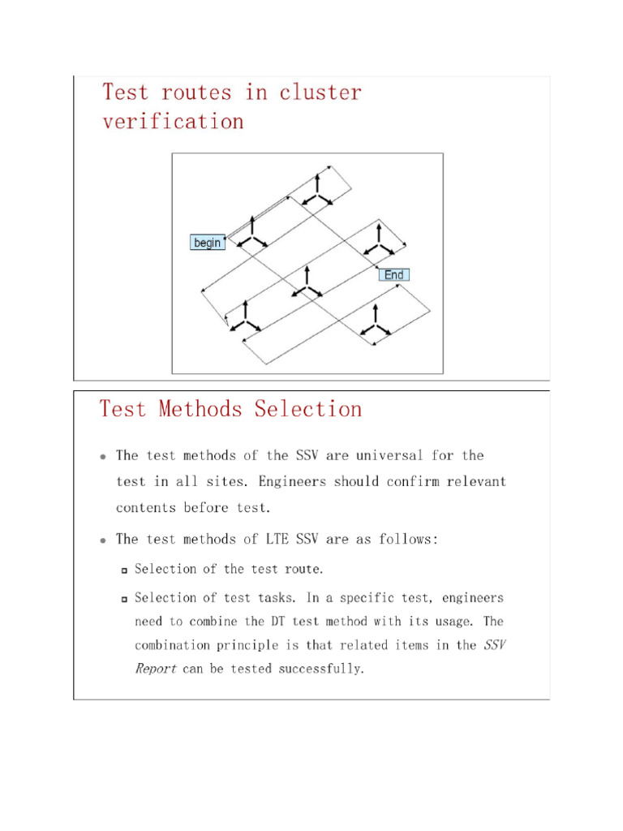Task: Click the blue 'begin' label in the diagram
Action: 208,243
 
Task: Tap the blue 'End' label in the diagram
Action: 393,275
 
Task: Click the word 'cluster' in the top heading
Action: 320,93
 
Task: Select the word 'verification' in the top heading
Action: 173,122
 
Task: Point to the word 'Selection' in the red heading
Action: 308,409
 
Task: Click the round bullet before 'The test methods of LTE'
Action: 103,540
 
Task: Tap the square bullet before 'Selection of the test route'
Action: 124,571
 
